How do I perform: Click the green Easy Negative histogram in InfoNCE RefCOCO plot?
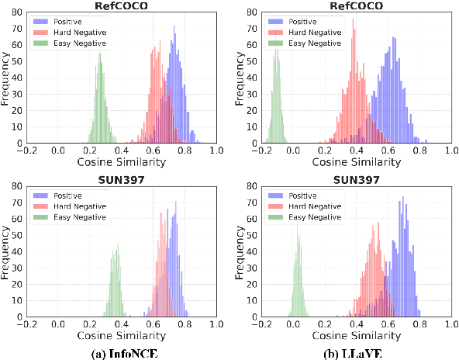pyautogui.click(x=100, y=116)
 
